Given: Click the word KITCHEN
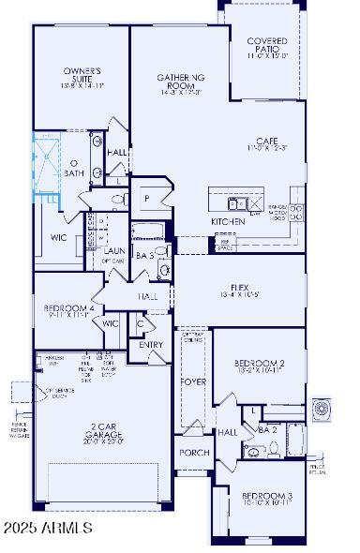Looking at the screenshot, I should coord(228,221).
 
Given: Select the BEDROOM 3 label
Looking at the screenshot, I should coord(267,499).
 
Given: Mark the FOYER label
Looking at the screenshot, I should coord(193,381).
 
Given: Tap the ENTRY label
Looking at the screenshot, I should coord(150,344).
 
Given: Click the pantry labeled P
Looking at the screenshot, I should coord(147,199).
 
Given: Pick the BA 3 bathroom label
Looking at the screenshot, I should coord(145,254).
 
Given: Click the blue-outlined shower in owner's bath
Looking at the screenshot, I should coord(45,166).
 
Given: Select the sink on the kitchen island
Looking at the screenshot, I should coord(238,202).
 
